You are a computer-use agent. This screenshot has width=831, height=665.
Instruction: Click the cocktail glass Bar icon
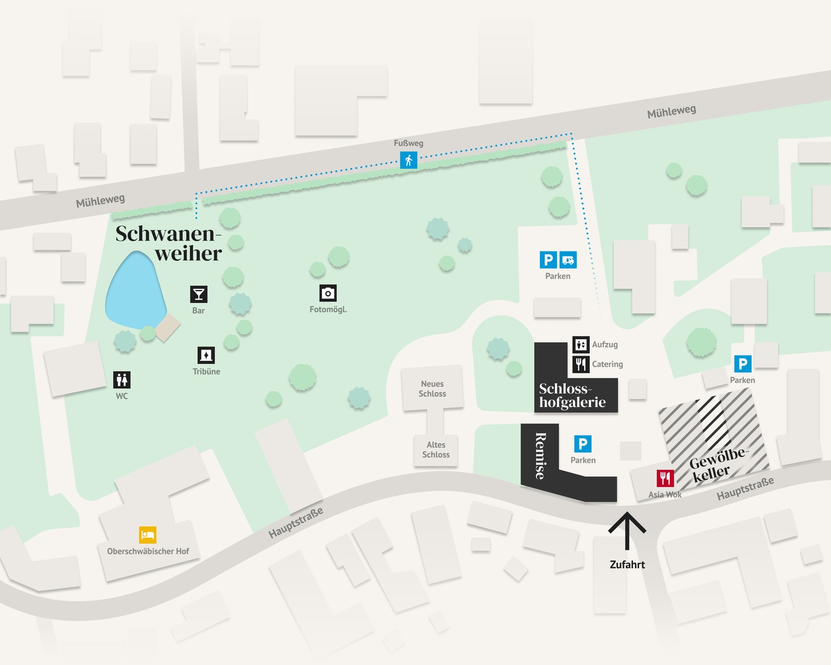click(x=199, y=294)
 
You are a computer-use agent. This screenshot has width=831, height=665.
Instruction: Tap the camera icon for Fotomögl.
click(x=328, y=293)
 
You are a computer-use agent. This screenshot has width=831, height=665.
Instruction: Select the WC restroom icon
click(x=122, y=380)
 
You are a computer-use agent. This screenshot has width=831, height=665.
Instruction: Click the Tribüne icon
click(x=206, y=355)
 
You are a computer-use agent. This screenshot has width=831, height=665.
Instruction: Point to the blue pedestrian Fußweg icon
click(x=408, y=160)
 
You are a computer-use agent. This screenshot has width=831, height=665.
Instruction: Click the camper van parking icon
click(x=568, y=260)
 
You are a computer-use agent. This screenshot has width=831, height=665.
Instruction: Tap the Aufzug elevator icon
click(x=581, y=345)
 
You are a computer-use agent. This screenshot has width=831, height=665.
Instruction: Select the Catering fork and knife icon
click(x=581, y=364)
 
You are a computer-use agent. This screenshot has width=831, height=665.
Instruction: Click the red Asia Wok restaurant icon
click(x=665, y=478)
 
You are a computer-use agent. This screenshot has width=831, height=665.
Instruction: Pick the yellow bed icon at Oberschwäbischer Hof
click(x=148, y=535)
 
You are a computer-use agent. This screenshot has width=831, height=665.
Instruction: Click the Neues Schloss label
click(x=432, y=389)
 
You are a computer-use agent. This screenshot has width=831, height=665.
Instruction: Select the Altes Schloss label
click(x=436, y=450)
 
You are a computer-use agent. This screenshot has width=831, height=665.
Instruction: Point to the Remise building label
click(x=540, y=456)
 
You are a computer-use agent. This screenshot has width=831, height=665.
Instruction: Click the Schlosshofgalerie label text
click(x=572, y=396)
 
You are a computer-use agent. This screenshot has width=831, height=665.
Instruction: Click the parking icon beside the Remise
click(x=583, y=444)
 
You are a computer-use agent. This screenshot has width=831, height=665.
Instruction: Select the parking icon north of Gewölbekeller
click(x=742, y=364)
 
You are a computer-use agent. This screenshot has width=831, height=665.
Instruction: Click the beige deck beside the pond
click(x=168, y=328)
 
